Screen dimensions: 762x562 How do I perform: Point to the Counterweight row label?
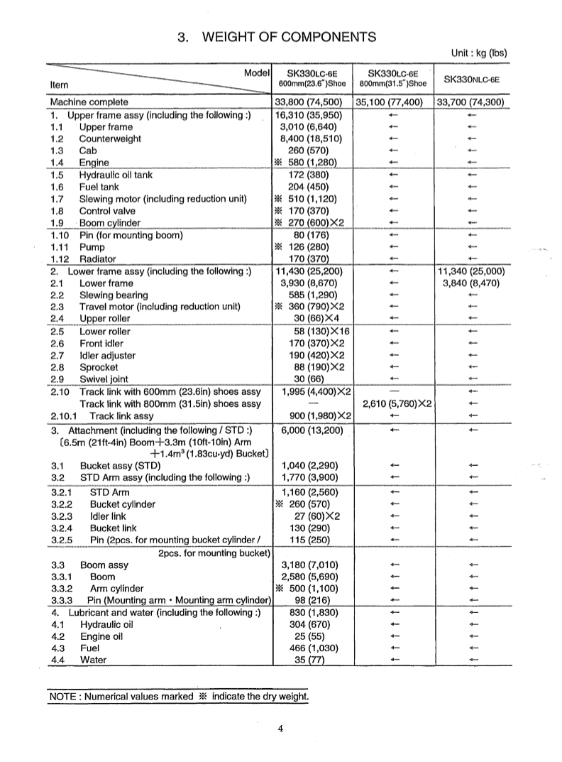[x=110, y=138]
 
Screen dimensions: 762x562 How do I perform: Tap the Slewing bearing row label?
[x=114, y=295]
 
